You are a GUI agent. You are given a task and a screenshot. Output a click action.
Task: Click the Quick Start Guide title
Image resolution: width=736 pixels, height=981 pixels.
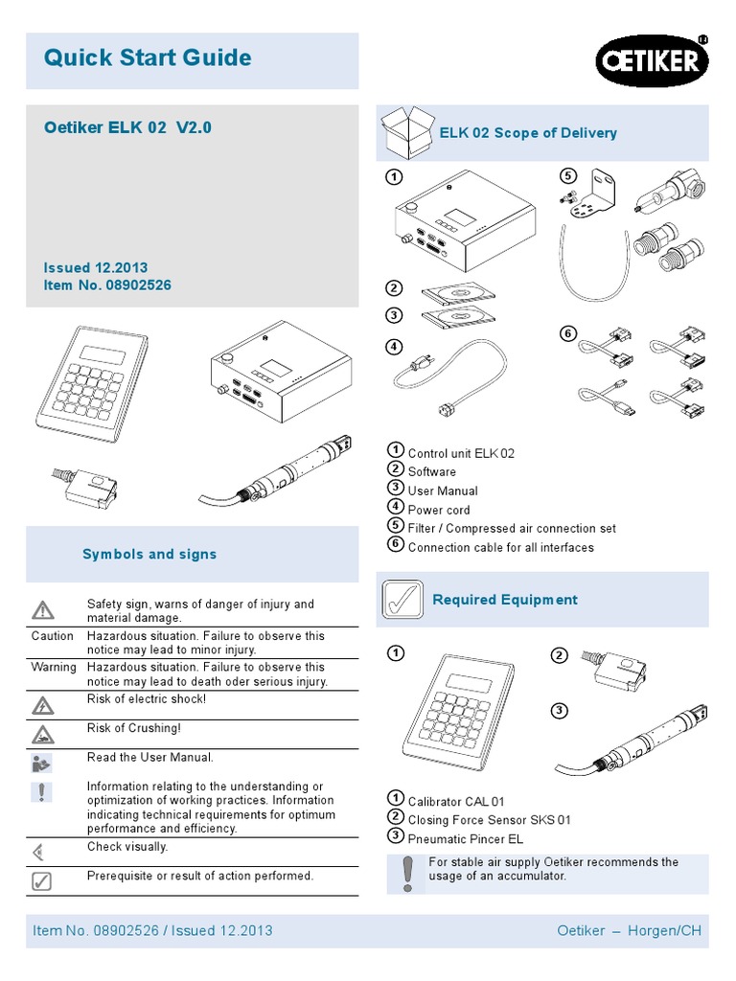coord(148,58)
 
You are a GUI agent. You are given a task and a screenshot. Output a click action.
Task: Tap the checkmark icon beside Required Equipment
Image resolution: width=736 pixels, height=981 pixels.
coord(402,601)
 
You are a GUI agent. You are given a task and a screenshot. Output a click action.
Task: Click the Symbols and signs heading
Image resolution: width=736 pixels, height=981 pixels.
coord(149,555)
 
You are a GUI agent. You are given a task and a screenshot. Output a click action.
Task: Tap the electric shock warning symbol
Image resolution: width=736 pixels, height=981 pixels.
coord(42,706)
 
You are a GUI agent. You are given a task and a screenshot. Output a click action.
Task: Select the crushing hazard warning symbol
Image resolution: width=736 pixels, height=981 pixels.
coord(42,735)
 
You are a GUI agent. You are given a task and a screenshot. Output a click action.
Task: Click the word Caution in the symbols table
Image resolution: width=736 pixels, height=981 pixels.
coord(52,636)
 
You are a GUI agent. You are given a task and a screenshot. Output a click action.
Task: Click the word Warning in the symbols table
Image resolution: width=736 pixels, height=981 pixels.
coord(54,667)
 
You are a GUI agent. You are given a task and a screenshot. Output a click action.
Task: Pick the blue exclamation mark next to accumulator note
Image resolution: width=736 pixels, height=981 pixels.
coord(407,872)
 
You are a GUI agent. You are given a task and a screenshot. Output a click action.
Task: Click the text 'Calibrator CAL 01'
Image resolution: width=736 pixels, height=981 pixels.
coord(456,801)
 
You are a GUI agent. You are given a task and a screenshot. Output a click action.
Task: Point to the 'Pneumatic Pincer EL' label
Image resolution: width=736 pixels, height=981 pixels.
coord(465,839)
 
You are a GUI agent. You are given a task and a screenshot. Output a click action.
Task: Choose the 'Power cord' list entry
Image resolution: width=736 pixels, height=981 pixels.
coord(439,510)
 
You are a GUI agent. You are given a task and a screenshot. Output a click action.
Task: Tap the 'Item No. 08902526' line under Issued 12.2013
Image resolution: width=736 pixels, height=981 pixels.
coord(107,285)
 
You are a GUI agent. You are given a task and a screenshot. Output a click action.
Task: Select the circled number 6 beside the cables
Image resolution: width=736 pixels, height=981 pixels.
coord(567,333)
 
